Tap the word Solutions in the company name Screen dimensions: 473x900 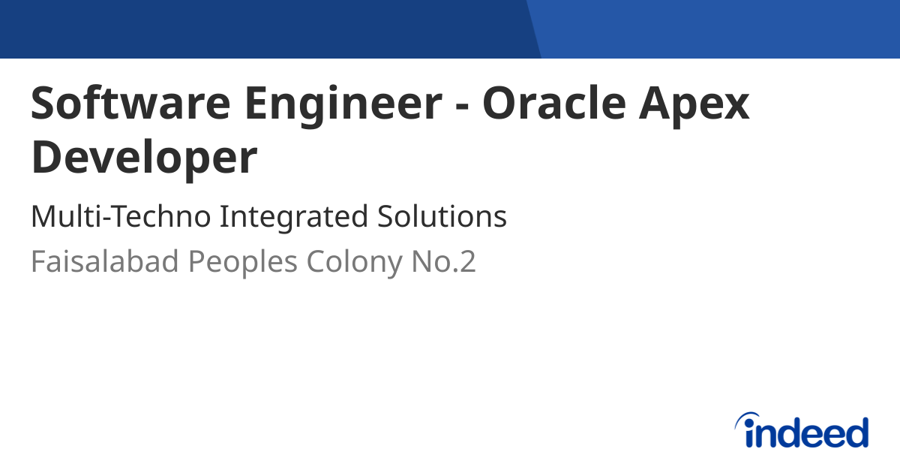click(442, 217)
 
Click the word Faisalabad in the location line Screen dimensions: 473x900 click(105, 262)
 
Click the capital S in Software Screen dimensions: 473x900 click(44, 103)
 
